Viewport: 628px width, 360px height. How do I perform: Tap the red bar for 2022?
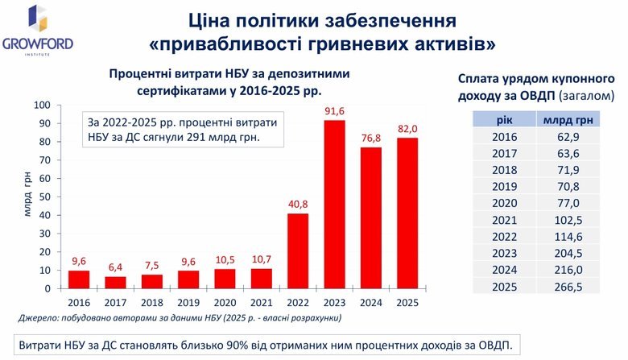[297, 250]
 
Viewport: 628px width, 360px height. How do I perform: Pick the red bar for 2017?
[114, 282]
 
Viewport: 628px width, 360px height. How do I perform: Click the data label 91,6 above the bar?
[334, 111]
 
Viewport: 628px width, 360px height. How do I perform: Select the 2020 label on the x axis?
[224, 303]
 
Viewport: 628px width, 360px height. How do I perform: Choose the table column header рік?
[503, 119]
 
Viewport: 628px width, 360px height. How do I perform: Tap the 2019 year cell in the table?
[503, 187]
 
